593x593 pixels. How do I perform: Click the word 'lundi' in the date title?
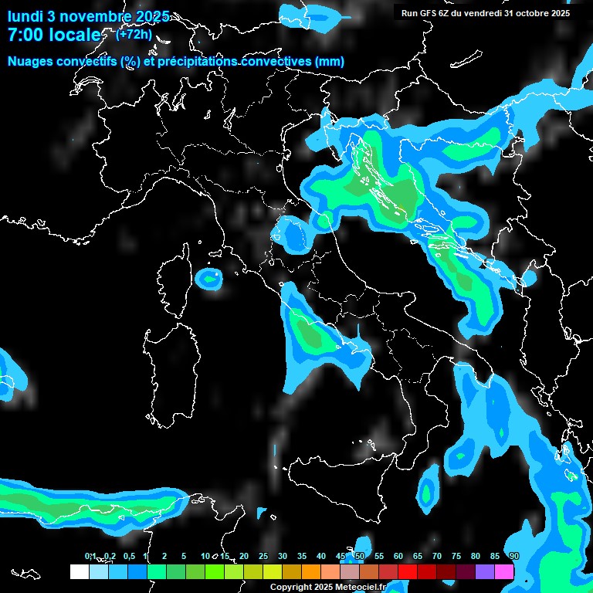pos(25,16)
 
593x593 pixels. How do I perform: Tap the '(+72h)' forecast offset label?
pos(134,33)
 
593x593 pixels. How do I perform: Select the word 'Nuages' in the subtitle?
pos(30,62)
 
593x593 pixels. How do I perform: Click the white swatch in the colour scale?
pos(79,571)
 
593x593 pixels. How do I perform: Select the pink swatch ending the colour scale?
pos(504,571)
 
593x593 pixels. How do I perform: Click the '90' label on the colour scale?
pos(514,557)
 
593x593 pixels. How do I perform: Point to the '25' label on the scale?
pos(263,557)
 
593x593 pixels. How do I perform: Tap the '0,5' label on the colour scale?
pos(128,557)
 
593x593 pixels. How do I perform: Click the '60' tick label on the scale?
pos(398,557)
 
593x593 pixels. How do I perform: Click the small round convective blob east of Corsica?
pos(208,278)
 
